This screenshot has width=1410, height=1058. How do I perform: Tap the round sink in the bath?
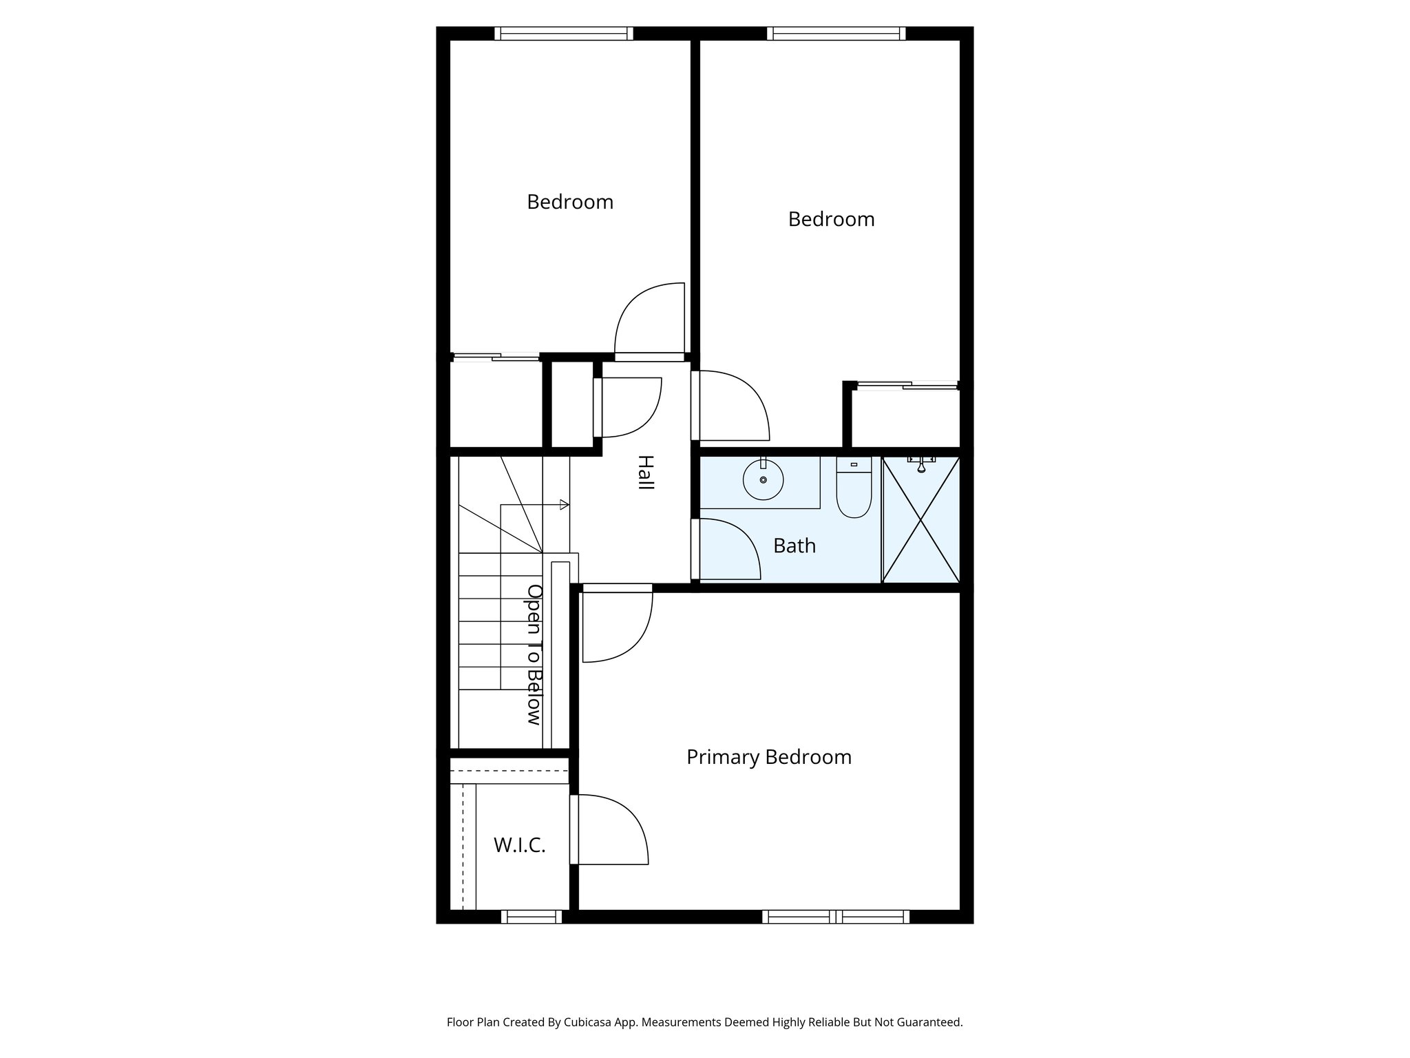tap(763, 480)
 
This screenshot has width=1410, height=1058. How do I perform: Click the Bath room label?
tap(794, 546)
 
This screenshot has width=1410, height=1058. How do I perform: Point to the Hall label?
tap(645, 473)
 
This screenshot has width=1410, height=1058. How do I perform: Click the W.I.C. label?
tap(520, 846)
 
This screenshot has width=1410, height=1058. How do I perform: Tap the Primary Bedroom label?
tap(768, 758)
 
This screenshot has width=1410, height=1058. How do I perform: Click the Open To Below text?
tap(534, 654)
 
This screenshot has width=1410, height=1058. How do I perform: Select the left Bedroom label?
tap(569, 203)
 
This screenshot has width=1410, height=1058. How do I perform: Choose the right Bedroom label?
tap(831, 220)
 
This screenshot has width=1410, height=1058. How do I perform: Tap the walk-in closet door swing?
tap(609, 830)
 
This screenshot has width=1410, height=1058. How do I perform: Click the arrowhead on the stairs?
tap(565, 505)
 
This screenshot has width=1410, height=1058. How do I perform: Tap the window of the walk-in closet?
tap(531, 917)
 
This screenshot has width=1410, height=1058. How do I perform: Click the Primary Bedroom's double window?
tap(835, 917)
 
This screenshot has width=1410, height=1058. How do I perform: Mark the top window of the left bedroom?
tap(563, 34)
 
